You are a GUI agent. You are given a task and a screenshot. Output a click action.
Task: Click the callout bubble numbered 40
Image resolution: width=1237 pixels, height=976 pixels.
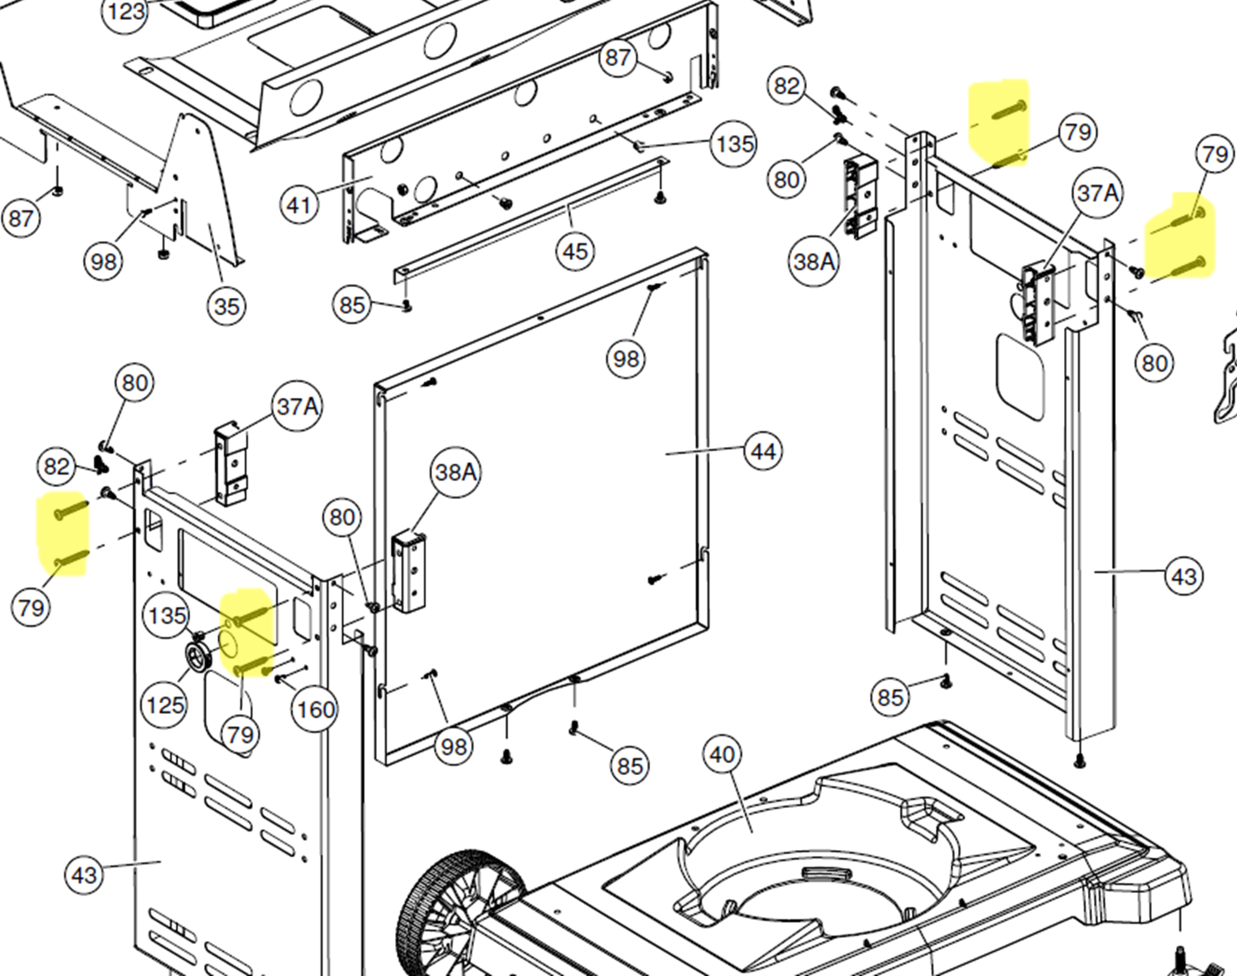(x=722, y=754)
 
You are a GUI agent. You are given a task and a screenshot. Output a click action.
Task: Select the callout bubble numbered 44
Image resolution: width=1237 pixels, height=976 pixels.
(x=763, y=452)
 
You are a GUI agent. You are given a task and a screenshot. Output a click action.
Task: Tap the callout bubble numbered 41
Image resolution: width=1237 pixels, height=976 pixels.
(x=299, y=204)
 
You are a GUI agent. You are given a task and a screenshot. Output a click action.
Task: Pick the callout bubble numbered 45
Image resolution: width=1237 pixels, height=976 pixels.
(x=575, y=251)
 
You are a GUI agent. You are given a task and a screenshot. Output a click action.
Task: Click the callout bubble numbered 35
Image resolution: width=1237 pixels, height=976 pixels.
(x=227, y=306)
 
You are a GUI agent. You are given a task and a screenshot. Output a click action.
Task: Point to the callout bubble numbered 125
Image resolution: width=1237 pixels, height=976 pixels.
(x=165, y=705)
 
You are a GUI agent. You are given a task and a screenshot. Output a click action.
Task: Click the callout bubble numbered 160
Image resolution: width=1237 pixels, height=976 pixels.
(x=315, y=710)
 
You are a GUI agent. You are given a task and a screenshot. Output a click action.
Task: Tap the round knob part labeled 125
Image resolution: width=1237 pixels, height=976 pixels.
(x=200, y=658)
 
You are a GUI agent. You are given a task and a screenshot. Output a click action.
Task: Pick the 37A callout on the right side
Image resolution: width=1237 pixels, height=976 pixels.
(x=1098, y=193)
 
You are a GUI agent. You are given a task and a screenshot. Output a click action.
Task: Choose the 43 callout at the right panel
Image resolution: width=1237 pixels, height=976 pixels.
(x=1184, y=576)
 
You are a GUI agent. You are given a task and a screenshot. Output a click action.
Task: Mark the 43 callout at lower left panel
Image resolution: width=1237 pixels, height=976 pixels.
(x=84, y=875)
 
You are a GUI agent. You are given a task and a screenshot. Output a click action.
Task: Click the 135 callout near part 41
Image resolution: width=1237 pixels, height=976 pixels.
(x=734, y=144)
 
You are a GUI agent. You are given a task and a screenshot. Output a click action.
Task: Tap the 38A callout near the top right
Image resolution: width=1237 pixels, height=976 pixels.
(x=813, y=261)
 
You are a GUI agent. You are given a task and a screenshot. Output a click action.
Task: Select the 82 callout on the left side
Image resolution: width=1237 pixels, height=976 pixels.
(x=56, y=467)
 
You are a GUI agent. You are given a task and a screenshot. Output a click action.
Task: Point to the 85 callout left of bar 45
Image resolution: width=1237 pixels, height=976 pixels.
(x=352, y=304)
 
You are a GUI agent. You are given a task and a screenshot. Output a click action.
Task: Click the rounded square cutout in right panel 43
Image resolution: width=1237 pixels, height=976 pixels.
(x=1020, y=377)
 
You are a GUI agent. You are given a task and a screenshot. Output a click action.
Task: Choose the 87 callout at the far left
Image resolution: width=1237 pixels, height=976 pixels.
(x=21, y=219)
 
